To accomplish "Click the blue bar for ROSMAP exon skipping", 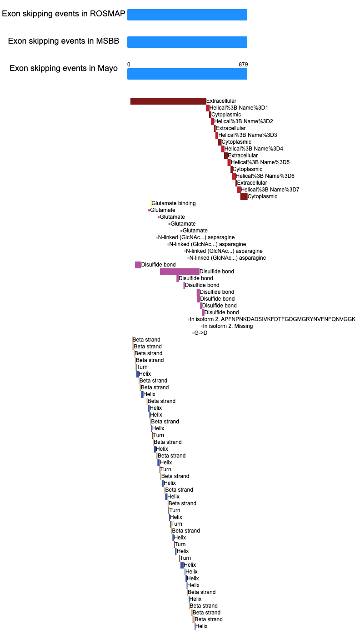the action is coord(187,15).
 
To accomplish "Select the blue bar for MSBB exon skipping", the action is coord(187,42).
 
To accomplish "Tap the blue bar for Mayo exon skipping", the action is coord(187,74).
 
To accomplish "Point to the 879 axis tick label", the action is coord(243,65).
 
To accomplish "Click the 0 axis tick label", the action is coord(129,65).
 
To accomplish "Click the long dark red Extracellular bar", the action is coord(168,101).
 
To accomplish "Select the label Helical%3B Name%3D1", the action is coord(239,108).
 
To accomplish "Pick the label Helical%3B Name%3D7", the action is coord(270,190).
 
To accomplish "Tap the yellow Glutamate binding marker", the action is coord(151,203).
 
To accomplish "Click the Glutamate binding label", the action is coord(174,203).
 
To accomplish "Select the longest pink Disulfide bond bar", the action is coord(180,272).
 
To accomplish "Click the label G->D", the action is coord(200,333).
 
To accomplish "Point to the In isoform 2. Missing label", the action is coord(228,326).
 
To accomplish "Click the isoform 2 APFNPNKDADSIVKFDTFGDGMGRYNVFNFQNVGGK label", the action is coord(272,319).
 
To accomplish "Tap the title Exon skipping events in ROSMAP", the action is coord(64,14).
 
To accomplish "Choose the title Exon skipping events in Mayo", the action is coord(64,69).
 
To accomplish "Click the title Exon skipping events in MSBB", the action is coord(64,41).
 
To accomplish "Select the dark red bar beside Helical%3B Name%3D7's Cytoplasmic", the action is coord(244,197).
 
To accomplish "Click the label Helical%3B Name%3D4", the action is coord(254,149).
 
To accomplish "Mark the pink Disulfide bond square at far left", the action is coord(138,265).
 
